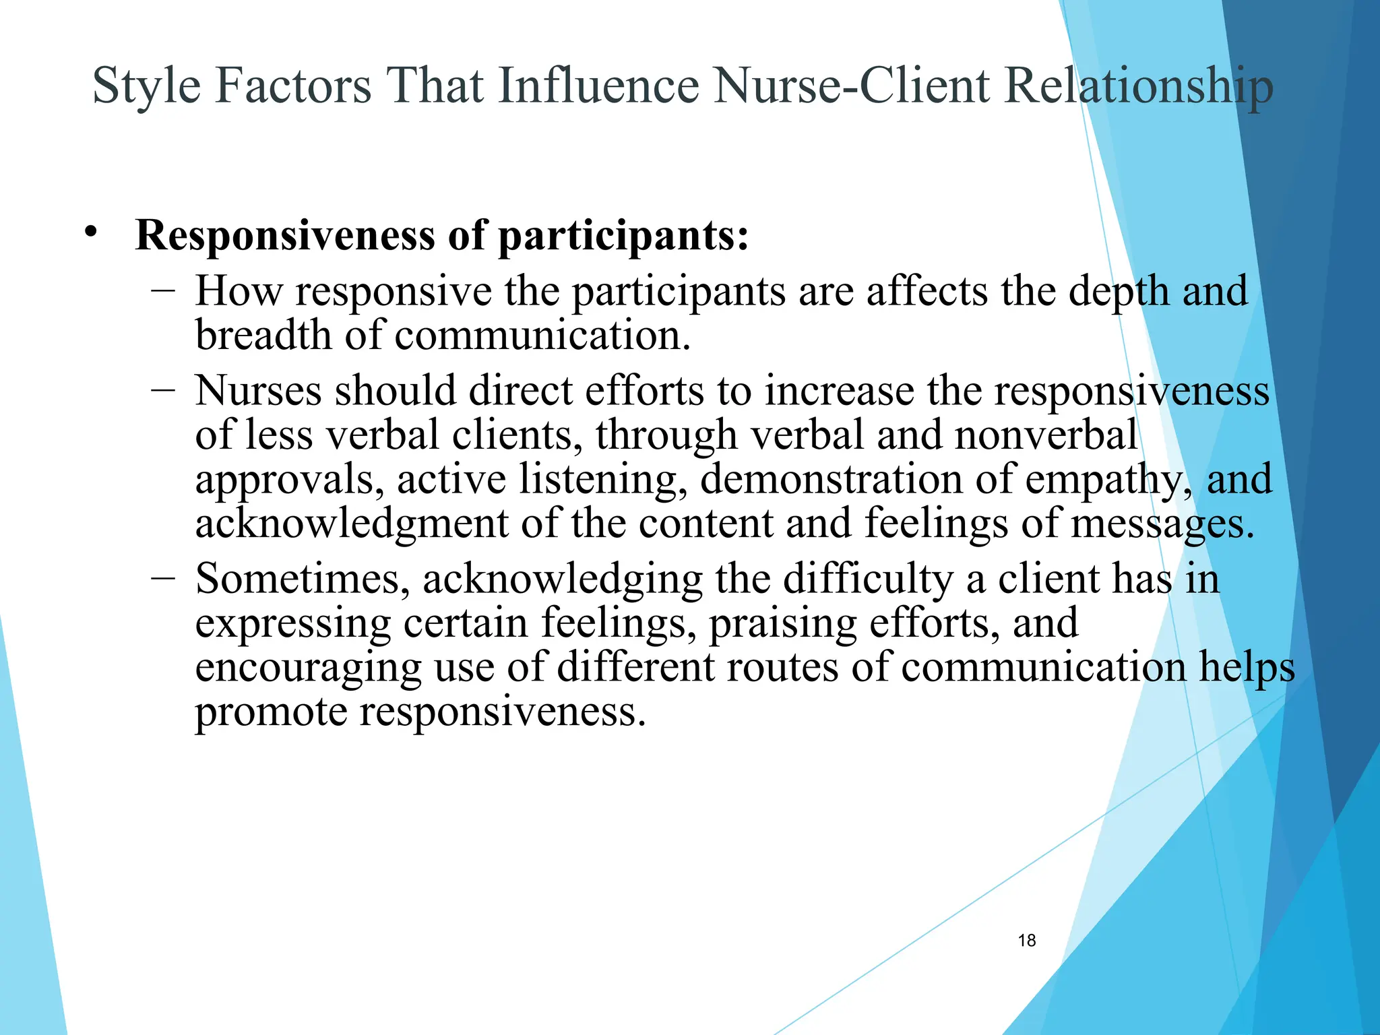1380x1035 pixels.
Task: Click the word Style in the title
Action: tap(146, 86)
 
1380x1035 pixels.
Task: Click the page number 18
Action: tap(1027, 940)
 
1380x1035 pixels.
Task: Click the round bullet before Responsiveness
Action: tap(91, 233)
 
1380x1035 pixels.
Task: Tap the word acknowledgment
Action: tap(351, 524)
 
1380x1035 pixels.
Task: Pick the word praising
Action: tap(782, 623)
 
